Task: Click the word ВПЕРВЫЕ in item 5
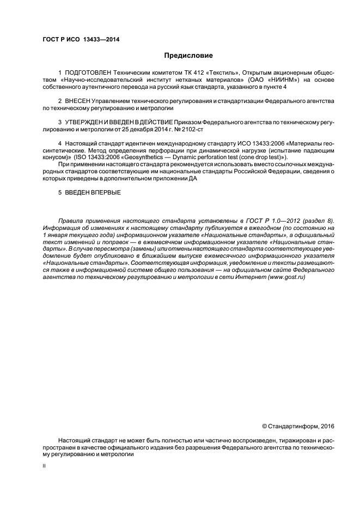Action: click(x=103, y=192)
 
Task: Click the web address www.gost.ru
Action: click(x=285, y=277)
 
